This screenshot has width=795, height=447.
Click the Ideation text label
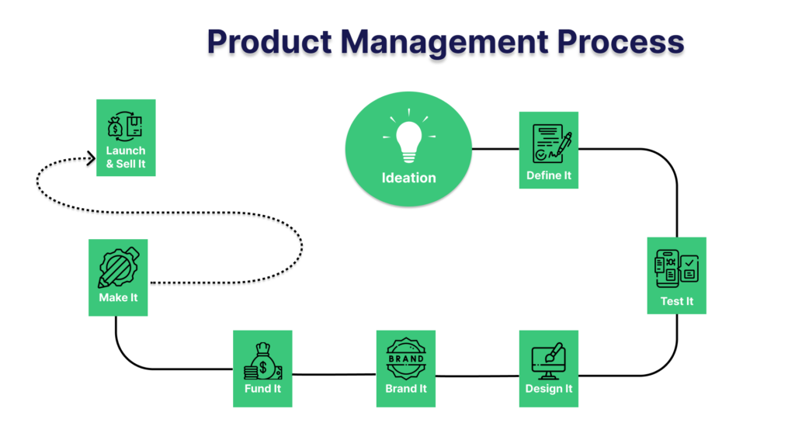[x=408, y=178]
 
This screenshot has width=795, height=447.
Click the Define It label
[x=549, y=175]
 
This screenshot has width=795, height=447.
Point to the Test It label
[x=677, y=301]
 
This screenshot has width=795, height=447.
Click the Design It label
[x=549, y=389]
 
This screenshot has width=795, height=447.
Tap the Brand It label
[x=406, y=389]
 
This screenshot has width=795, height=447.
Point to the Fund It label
[x=262, y=389]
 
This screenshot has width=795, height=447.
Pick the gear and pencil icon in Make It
[x=118, y=268]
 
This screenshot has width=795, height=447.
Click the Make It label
[x=118, y=298]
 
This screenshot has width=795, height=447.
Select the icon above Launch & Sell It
[x=126, y=125]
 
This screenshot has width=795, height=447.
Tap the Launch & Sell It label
[x=126, y=158]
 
